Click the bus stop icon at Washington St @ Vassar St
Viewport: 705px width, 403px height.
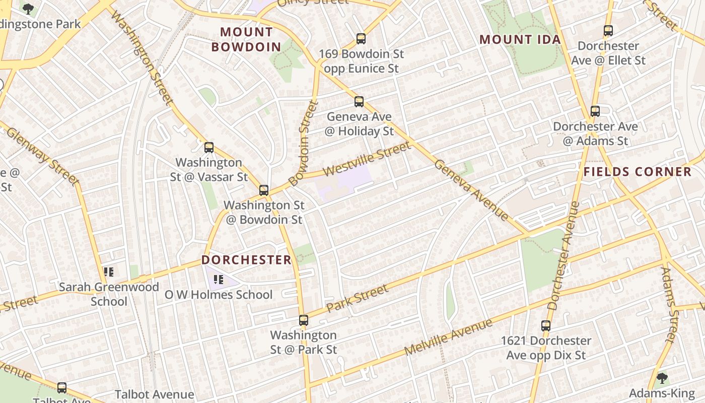pos(209,148)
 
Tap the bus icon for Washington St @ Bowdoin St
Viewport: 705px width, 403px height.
pos(264,190)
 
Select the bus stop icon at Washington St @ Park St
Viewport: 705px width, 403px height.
pos(303,320)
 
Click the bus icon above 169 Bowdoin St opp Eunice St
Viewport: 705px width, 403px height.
pos(361,39)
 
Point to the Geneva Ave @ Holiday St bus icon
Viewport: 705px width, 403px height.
pos(359,102)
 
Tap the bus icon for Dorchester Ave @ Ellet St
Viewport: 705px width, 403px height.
pos(608,31)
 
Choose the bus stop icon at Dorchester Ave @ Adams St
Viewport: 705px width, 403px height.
pos(595,111)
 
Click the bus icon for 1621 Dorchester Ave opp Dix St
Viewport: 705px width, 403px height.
pos(546,326)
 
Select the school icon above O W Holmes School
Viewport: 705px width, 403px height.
pos(219,279)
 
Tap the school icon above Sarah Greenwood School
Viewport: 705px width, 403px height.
pos(109,272)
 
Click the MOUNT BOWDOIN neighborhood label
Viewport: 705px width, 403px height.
pos(246,39)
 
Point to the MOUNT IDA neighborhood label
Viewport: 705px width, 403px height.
pos(520,39)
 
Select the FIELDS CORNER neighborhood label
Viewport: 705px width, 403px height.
pos(638,172)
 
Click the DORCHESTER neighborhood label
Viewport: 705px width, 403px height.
pos(247,260)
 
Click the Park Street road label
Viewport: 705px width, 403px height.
pos(358,298)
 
